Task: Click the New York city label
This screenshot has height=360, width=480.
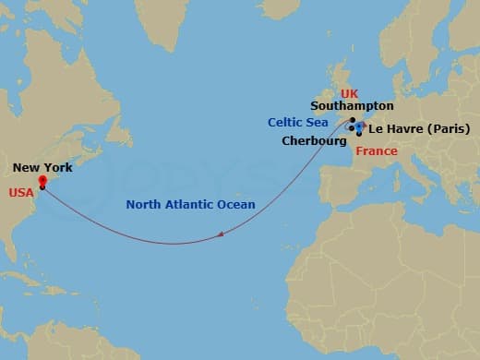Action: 42,168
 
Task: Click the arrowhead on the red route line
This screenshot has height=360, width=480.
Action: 222,235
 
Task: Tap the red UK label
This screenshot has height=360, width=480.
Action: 349,94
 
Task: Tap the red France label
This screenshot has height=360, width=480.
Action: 377,150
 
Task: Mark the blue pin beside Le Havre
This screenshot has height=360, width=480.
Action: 359,127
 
